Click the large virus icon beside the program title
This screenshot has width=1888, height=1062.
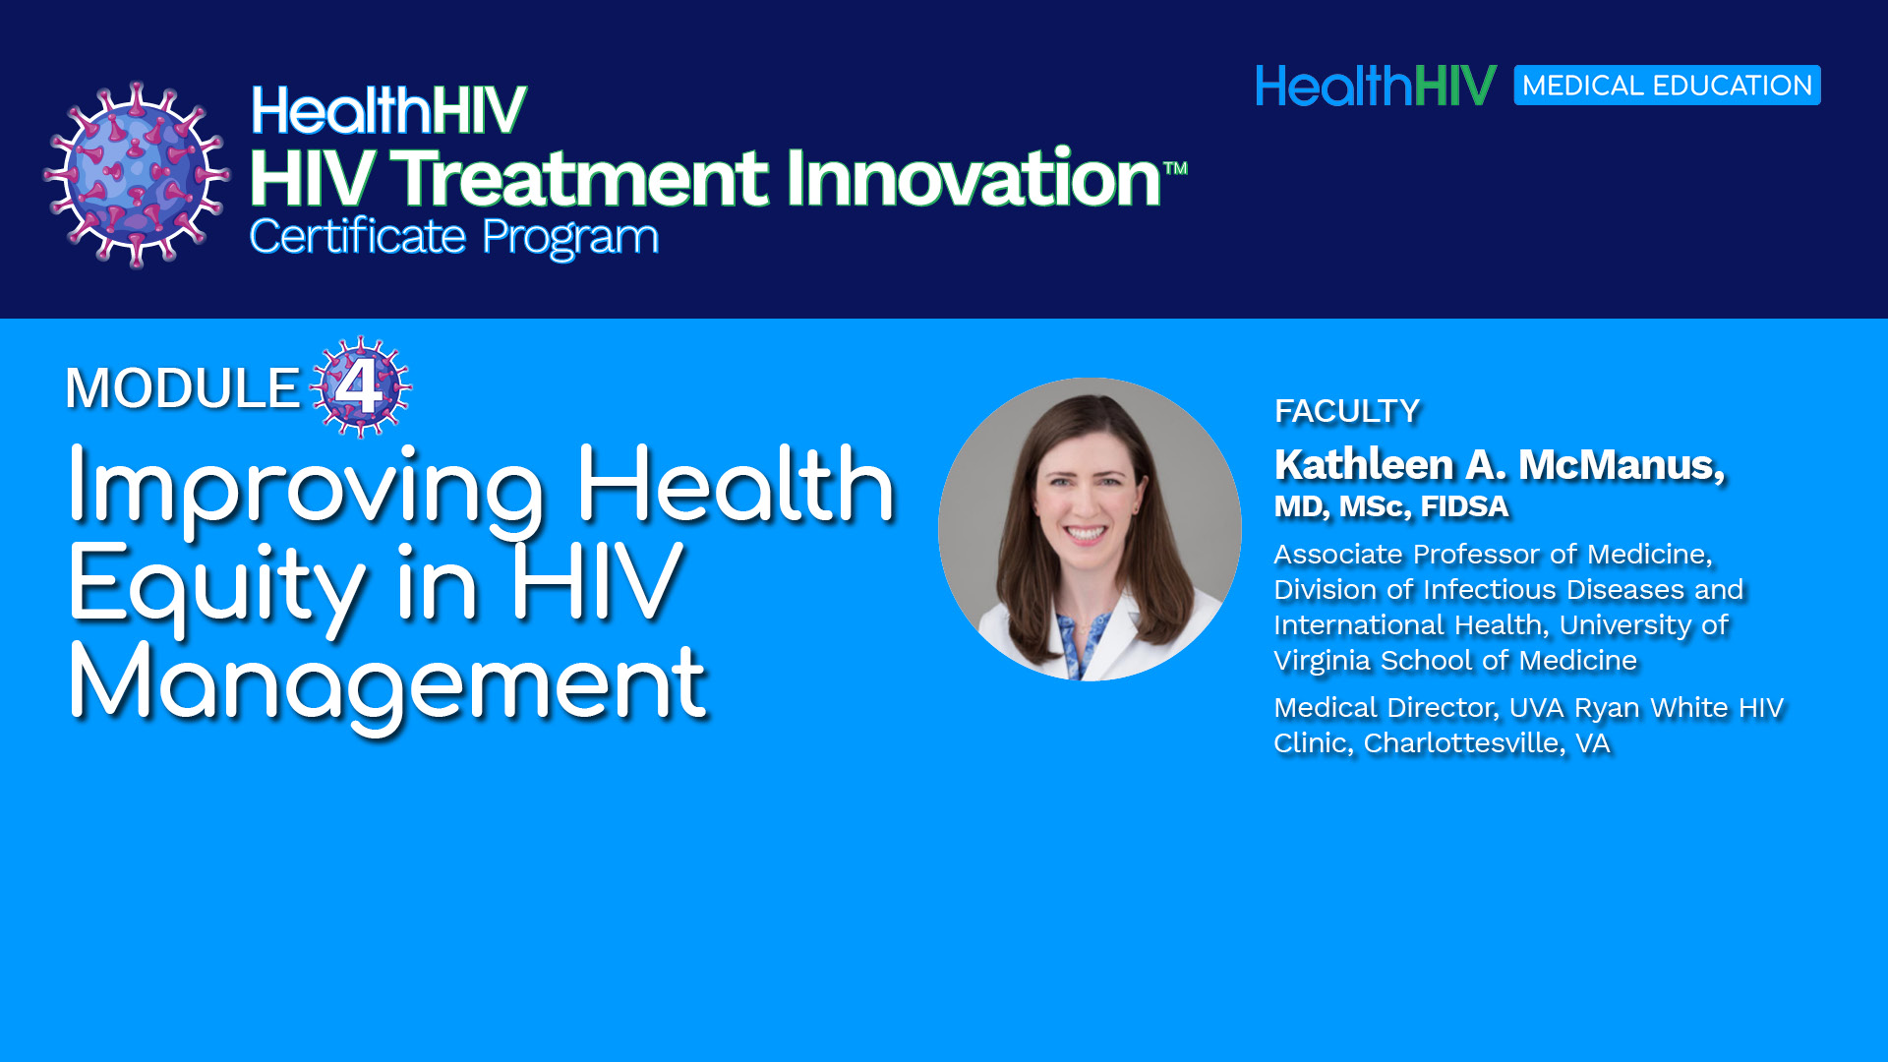coord(137,175)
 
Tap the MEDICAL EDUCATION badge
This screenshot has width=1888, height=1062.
coord(1667,86)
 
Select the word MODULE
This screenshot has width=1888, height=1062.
coord(182,387)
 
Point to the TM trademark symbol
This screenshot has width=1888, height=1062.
coord(1175,168)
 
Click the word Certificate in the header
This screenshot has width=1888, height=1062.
coord(358,236)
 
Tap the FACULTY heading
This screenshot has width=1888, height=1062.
coord(1347,411)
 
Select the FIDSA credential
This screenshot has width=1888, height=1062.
coord(1464,506)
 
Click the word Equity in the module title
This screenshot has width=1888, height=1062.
coord(216,587)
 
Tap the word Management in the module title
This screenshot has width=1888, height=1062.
coord(386,684)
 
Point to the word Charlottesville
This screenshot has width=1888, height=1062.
coord(1464,743)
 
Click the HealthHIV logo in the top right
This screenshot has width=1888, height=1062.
coord(1376,86)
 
